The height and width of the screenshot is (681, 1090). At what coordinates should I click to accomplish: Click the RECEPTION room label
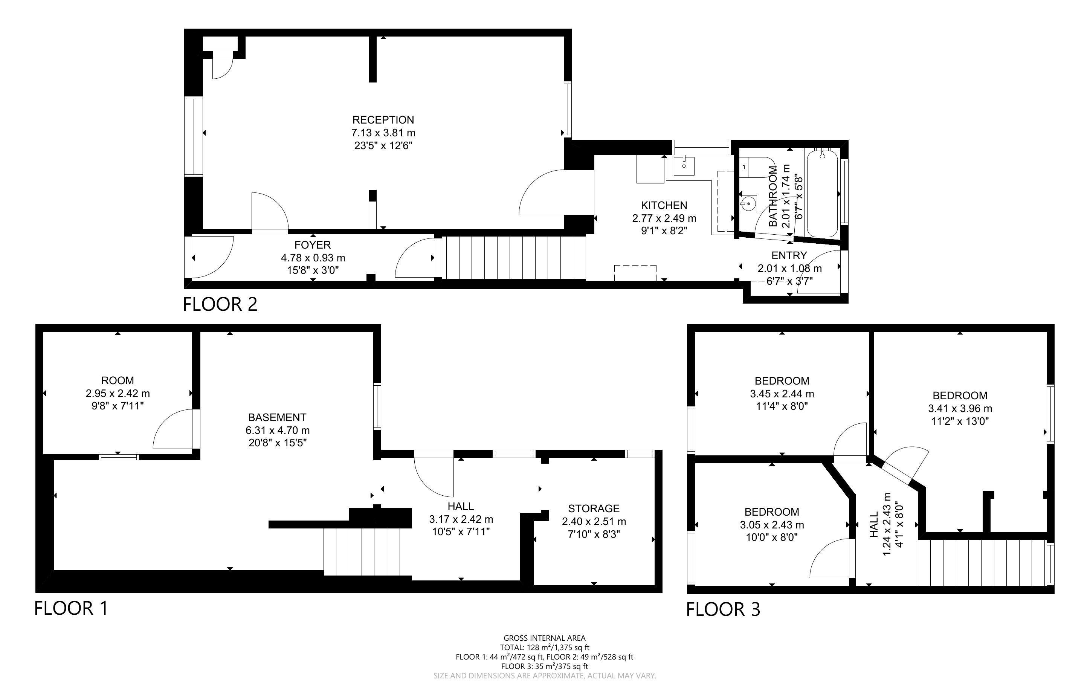point(383,120)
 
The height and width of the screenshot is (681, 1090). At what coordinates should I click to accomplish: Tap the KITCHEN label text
point(664,205)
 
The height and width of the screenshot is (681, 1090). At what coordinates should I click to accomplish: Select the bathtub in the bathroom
point(822,194)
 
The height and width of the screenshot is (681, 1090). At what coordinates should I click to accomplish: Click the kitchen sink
point(684,166)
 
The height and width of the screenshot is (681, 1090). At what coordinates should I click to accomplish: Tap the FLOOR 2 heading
point(220,304)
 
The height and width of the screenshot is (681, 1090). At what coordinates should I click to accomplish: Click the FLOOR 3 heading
point(723,609)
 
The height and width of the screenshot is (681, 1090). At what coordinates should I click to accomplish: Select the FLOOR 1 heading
point(71,608)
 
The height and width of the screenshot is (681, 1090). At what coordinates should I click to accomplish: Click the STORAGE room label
point(594,508)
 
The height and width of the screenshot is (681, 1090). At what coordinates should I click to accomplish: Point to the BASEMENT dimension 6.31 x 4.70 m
point(277,430)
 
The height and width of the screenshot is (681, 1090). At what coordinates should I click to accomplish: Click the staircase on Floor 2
point(514,258)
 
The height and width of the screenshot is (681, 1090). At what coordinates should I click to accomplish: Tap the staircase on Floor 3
point(983,563)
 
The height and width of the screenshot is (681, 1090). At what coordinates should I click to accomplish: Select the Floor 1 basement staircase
point(362,552)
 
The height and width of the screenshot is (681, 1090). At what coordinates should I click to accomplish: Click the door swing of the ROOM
point(173,429)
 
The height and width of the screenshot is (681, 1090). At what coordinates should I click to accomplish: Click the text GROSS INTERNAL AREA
point(544,638)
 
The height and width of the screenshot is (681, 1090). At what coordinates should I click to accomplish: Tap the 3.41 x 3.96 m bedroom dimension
point(960,409)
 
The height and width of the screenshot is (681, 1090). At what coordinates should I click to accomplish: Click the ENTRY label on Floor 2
point(789,256)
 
